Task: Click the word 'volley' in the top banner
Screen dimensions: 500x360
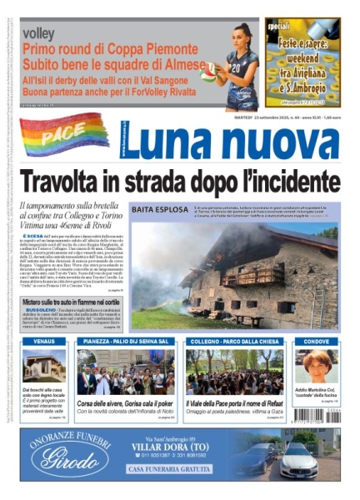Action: (39, 33)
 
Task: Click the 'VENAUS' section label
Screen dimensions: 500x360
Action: (44, 342)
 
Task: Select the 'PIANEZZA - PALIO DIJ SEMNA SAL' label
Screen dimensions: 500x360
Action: (126, 342)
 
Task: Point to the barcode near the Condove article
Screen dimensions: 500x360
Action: (333, 412)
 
